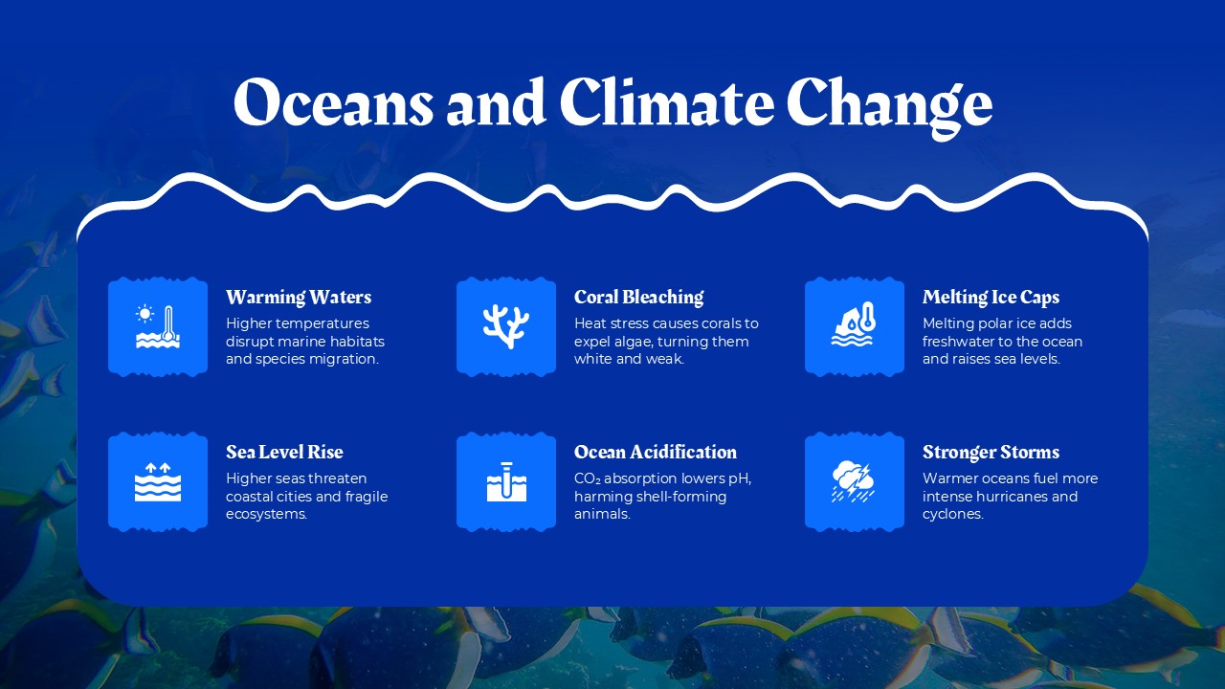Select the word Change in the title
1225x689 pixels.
889,103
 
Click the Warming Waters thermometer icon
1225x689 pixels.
158,326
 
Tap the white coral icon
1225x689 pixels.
506,326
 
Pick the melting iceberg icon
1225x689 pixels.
855,326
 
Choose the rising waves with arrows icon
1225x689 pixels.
158,481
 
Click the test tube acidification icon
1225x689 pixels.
506,481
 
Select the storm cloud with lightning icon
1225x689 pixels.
855,481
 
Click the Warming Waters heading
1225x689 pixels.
299,297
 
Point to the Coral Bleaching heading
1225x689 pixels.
638,297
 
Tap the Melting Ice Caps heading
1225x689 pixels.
991,297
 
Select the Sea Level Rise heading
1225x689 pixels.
284,452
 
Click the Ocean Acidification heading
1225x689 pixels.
656,452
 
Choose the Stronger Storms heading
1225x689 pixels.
991,452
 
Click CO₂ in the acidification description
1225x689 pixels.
587,478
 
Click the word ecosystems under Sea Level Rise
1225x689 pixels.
266,515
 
